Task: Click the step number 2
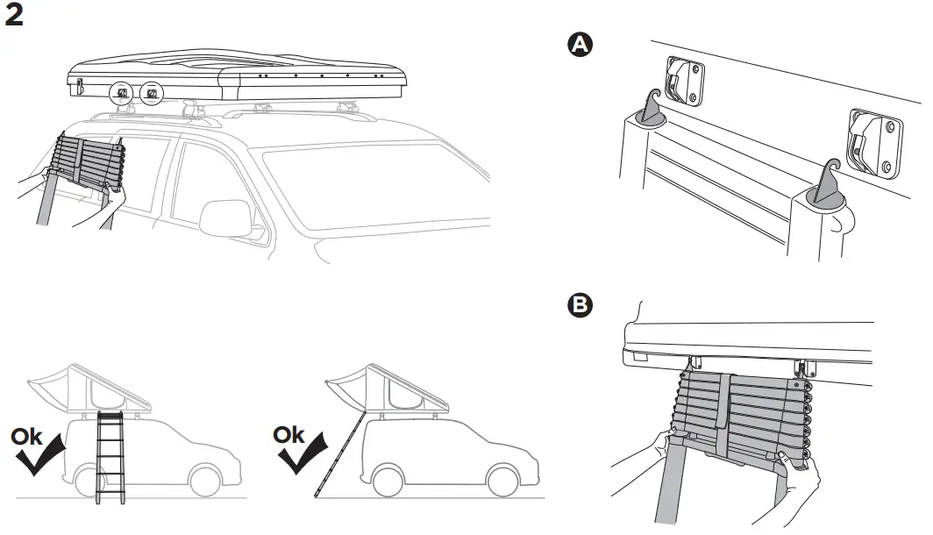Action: (x=14, y=17)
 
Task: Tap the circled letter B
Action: (x=579, y=304)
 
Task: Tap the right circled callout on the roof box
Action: (x=152, y=93)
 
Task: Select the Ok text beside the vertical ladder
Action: (x=27, y=437)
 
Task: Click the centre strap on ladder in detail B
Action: (x=723, y=403)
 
